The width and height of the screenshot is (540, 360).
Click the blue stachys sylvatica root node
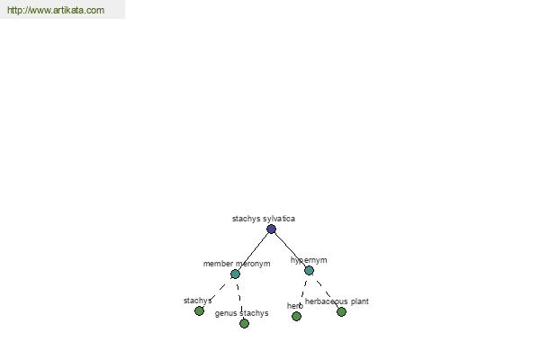tap(271, 229)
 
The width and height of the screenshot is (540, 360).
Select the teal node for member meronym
tap(235, 274)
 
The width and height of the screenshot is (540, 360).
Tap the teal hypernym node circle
tap(310, 270)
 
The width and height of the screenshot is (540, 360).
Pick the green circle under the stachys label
tap(199, 311)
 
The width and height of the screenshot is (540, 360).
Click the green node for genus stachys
tap(244, 323)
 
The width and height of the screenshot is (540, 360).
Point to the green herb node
tap(296, 316)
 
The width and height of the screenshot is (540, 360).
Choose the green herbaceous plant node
tap(341, 311)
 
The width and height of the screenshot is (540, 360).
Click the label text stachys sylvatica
tap(264, 219)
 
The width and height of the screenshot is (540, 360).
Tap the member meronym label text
tap(237, 264)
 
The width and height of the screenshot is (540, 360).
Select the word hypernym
tap(309, 260)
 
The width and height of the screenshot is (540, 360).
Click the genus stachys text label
tap(241, 313)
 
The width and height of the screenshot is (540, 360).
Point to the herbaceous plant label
tap(337, 301)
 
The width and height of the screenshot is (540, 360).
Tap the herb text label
tap(295, 306)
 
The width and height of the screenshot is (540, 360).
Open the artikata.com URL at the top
tap(56, 10)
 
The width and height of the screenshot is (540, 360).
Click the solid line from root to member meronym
tap(253, 251)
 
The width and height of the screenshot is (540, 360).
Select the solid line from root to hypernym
tap(291, 250)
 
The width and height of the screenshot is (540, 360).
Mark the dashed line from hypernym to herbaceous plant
tap(326, 291)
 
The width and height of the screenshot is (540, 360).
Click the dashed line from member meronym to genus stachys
tap(239, 299)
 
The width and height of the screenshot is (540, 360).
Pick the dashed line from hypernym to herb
tap(302, 293)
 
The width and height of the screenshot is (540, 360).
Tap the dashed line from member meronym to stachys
tap(217, 292)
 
